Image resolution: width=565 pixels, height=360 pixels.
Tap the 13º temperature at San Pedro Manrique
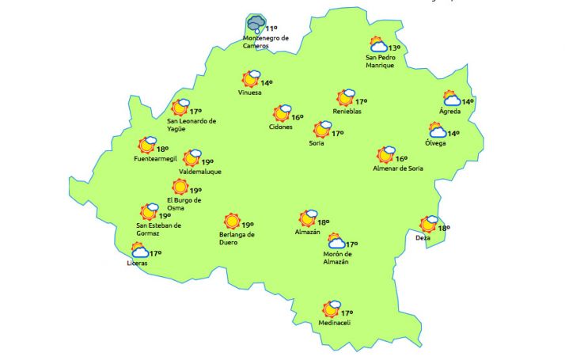click(x=393, y=47)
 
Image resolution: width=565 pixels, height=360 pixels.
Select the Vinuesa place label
click(x=249, y=93)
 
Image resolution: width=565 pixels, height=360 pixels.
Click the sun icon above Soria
click(x=321, y=129)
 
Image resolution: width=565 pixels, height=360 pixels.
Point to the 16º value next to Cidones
click(x=298, y=117)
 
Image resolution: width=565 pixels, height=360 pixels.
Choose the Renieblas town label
click(x=347, y=112)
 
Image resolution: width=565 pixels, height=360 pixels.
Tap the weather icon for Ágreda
click(x=452, y=98)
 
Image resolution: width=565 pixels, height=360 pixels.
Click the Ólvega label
click(x=435, y=143)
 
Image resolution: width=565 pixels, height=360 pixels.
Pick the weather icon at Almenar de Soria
click(x=385, y=154)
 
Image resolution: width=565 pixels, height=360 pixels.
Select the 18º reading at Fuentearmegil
click(x=162, y=149)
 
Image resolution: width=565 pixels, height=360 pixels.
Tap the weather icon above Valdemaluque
click(x=191, y=158)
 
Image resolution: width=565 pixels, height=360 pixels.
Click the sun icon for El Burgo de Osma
click(x=180, y=188)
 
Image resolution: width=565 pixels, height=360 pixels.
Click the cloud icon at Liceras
click(x=140, y=252)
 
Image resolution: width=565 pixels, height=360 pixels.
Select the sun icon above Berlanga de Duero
click(x=232, y=222)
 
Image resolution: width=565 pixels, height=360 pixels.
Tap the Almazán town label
click(x=307, y=232)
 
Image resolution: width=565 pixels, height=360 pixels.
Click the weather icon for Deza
click(x=428, y=225)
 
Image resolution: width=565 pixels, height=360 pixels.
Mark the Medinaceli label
click(x=334, y=323)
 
